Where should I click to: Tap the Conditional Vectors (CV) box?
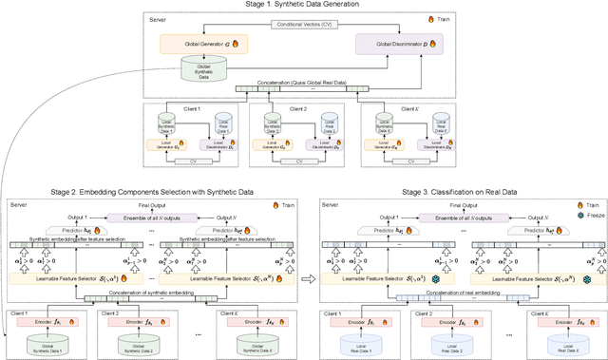[304, 24]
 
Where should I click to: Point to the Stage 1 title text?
[303, 6]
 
